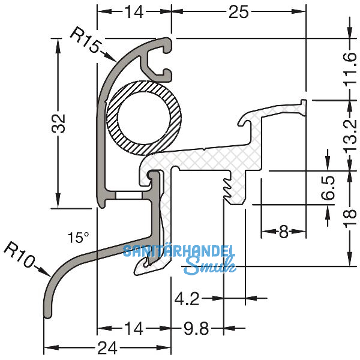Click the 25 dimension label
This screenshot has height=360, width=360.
click(238, 11)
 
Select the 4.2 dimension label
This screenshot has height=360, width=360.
click(187, 297)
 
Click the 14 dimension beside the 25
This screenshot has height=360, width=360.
click(134, 11)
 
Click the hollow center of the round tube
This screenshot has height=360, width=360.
click(144, 116)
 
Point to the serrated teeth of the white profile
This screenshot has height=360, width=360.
click(227, 186)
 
